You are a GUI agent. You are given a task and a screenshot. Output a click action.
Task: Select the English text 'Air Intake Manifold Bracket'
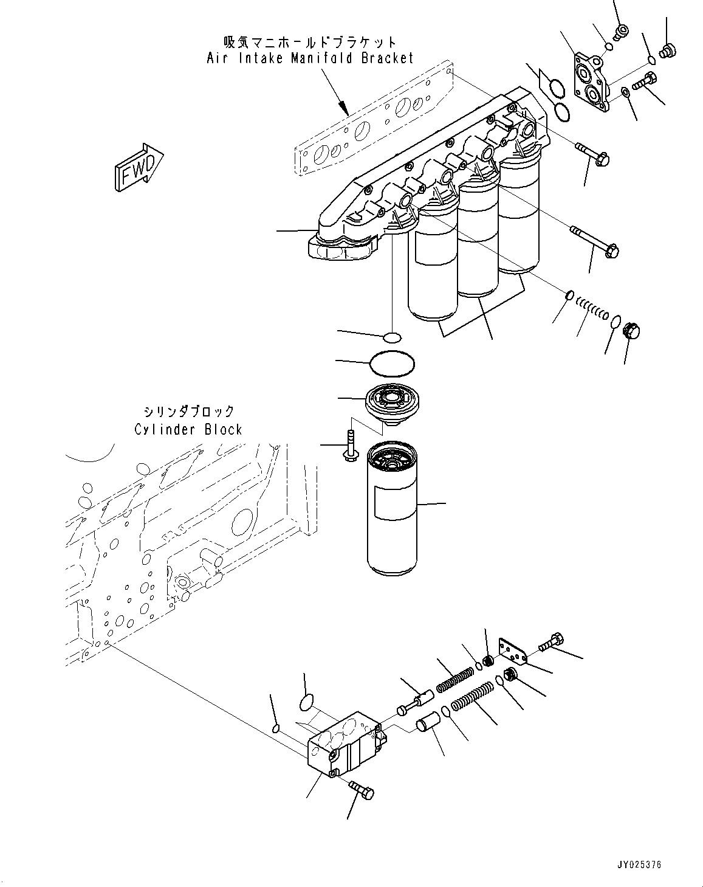[310, 58]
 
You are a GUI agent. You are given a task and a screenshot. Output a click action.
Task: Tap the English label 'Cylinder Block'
[188, 430]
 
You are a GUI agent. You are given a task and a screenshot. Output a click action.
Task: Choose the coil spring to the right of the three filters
[592, 309]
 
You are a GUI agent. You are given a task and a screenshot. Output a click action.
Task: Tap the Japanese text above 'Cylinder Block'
[188, 412]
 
